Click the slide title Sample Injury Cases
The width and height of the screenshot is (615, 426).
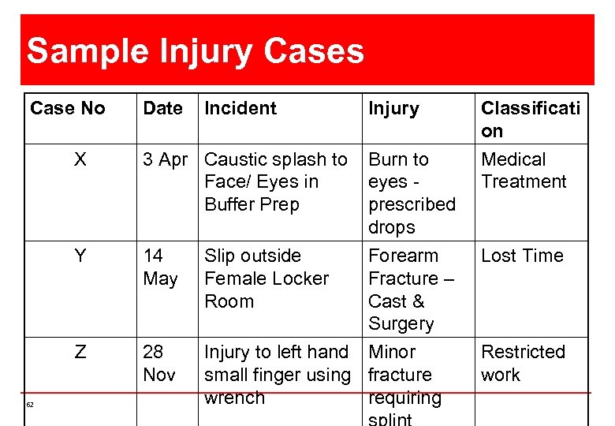[196, 52]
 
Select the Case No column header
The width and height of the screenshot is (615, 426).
[67, 108]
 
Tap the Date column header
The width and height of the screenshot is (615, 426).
[162, 108]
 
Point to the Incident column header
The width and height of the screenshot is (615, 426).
[240, 108]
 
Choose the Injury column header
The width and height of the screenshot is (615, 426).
[393, 108]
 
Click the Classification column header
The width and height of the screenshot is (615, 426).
[530, 119]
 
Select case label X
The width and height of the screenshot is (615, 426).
[80, 159]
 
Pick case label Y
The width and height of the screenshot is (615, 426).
[80, 256]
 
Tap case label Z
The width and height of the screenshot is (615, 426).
[80, 352]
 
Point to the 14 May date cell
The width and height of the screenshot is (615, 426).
[160, 267]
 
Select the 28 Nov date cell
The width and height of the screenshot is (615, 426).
[159, 363]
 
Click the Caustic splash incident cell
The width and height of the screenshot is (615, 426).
[275, 181]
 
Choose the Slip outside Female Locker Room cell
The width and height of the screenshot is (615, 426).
[266, 278]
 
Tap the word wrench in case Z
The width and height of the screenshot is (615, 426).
[234, 398]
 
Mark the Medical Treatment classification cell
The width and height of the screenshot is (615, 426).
[524, 170]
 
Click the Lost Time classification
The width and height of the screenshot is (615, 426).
[522, 256]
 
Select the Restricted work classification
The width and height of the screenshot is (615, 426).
[523, 363]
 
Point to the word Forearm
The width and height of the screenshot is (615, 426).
[403, 256]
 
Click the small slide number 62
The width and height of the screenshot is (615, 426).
[30, 405]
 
